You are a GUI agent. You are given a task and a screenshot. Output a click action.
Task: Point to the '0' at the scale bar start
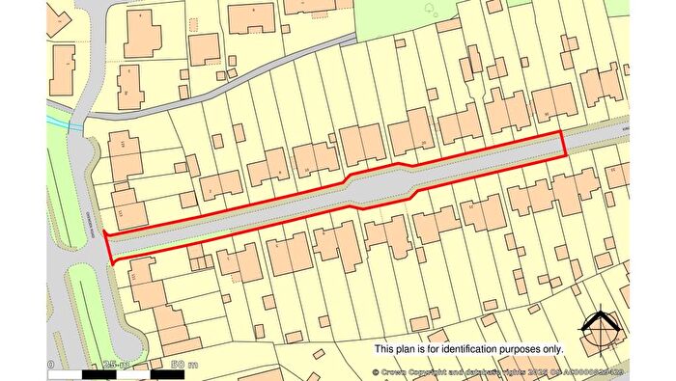coord(50,365)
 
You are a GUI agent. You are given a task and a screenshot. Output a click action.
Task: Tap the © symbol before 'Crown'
coord(377,371)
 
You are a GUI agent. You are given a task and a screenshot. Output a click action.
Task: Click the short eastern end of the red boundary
coord(566,146)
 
